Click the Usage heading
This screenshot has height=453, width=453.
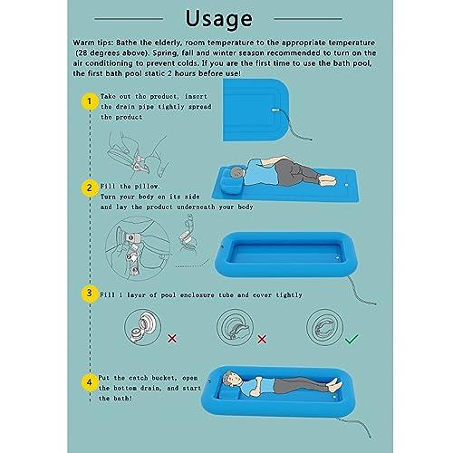click(218, 19)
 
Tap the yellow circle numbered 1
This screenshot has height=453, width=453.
click(89, 101)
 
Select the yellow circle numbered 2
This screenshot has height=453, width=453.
click(89, 188)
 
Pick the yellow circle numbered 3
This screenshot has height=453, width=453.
click(89, 294)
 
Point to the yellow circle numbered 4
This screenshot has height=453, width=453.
click(89, 382)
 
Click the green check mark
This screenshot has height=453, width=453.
click(352, 339)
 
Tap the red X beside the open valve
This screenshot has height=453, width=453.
click(172, 339)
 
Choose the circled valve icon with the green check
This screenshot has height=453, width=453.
click(324, 327)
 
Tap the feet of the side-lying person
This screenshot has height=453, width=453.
click(328, 180)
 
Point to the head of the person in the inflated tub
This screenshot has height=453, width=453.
click(229, 379)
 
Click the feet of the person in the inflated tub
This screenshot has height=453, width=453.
click(335, 384)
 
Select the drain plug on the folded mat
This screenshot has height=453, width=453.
click(275, 111)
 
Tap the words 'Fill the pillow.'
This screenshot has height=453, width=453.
click(130, 187)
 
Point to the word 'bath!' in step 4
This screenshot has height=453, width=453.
click(123, 399)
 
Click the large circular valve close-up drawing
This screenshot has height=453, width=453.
click(138, 248)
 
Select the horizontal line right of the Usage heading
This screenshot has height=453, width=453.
click(308, 19)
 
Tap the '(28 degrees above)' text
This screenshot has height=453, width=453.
click(112, 53)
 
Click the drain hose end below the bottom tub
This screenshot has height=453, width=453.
click(370, 436)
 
